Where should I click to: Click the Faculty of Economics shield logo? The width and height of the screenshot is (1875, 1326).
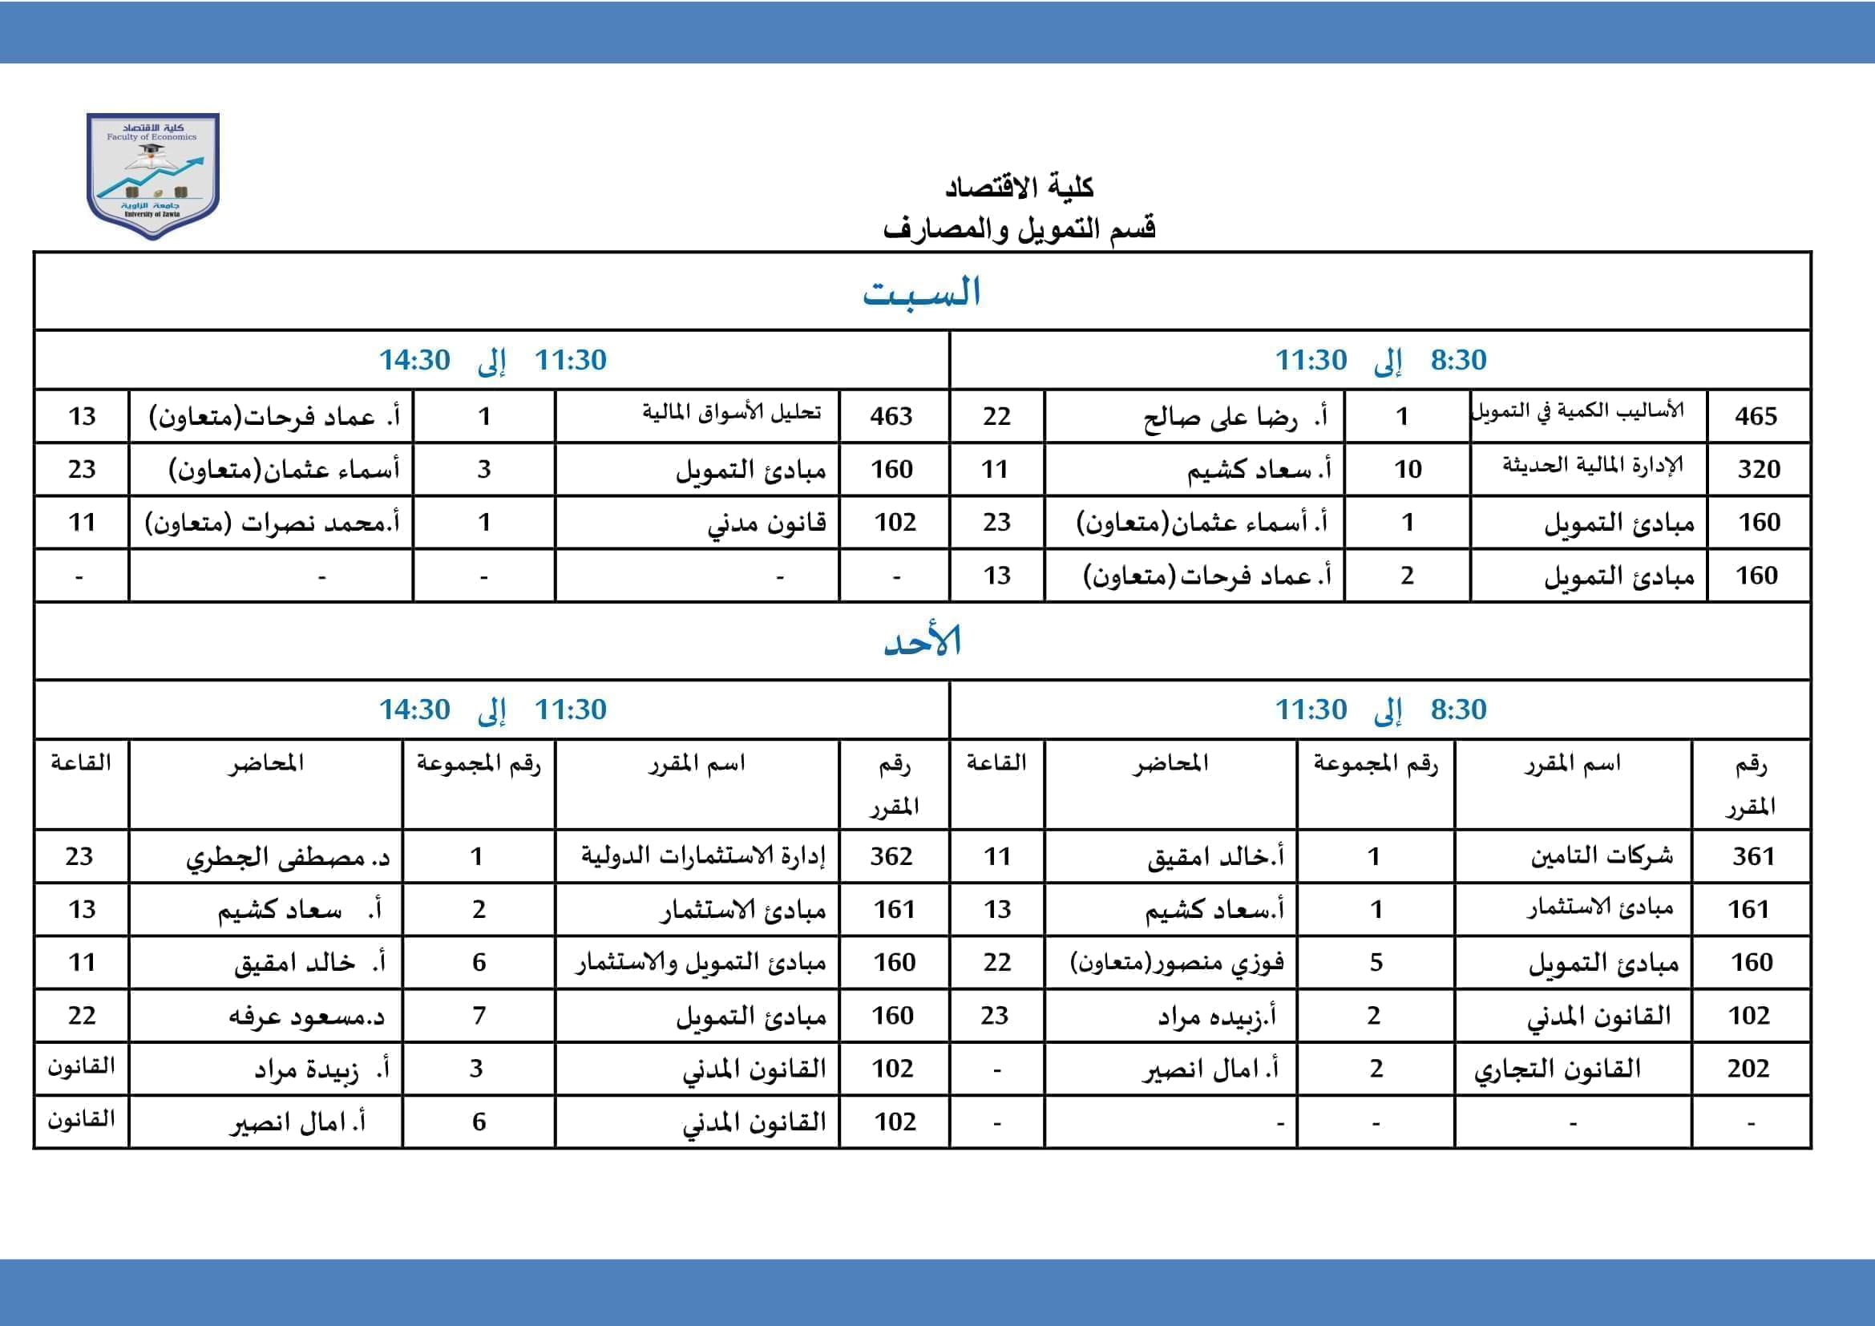click(x=153, y=175)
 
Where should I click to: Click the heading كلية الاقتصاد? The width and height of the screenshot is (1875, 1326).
click(x=1019, y=187)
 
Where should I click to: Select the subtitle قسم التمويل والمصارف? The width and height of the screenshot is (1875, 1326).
click(x=1019, y=228)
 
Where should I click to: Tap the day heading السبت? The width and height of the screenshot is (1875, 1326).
click(x=922, y=293)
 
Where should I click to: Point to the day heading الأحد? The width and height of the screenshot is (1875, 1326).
click(x=922, y=642)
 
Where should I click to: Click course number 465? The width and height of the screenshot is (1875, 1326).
click(x=1756, y=416)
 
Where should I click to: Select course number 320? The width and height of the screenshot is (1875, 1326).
click(x=1758, y=470)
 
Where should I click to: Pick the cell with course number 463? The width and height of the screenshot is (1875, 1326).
click(x=891, y=416)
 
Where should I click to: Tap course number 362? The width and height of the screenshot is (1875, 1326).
click(x=891, y=856)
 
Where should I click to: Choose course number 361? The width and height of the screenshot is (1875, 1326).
click(x=1753, y=856)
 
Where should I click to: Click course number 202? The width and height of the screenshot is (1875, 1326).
click(x=1748, y=1069)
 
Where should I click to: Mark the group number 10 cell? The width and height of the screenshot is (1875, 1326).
click(x=1407, y=470)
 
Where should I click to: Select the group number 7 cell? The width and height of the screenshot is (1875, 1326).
click(x=479, y=1016)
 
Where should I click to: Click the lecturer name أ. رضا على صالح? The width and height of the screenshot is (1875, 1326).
click(x=1235, y=417)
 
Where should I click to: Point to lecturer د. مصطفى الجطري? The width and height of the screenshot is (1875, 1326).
click(x=288, y=857)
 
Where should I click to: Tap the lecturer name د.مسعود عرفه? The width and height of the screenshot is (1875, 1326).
click(x=306, y=1017)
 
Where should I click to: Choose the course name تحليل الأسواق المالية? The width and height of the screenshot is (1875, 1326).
click(x=731, y=412)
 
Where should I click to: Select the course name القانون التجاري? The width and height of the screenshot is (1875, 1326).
click(x=1558, y=1069)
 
